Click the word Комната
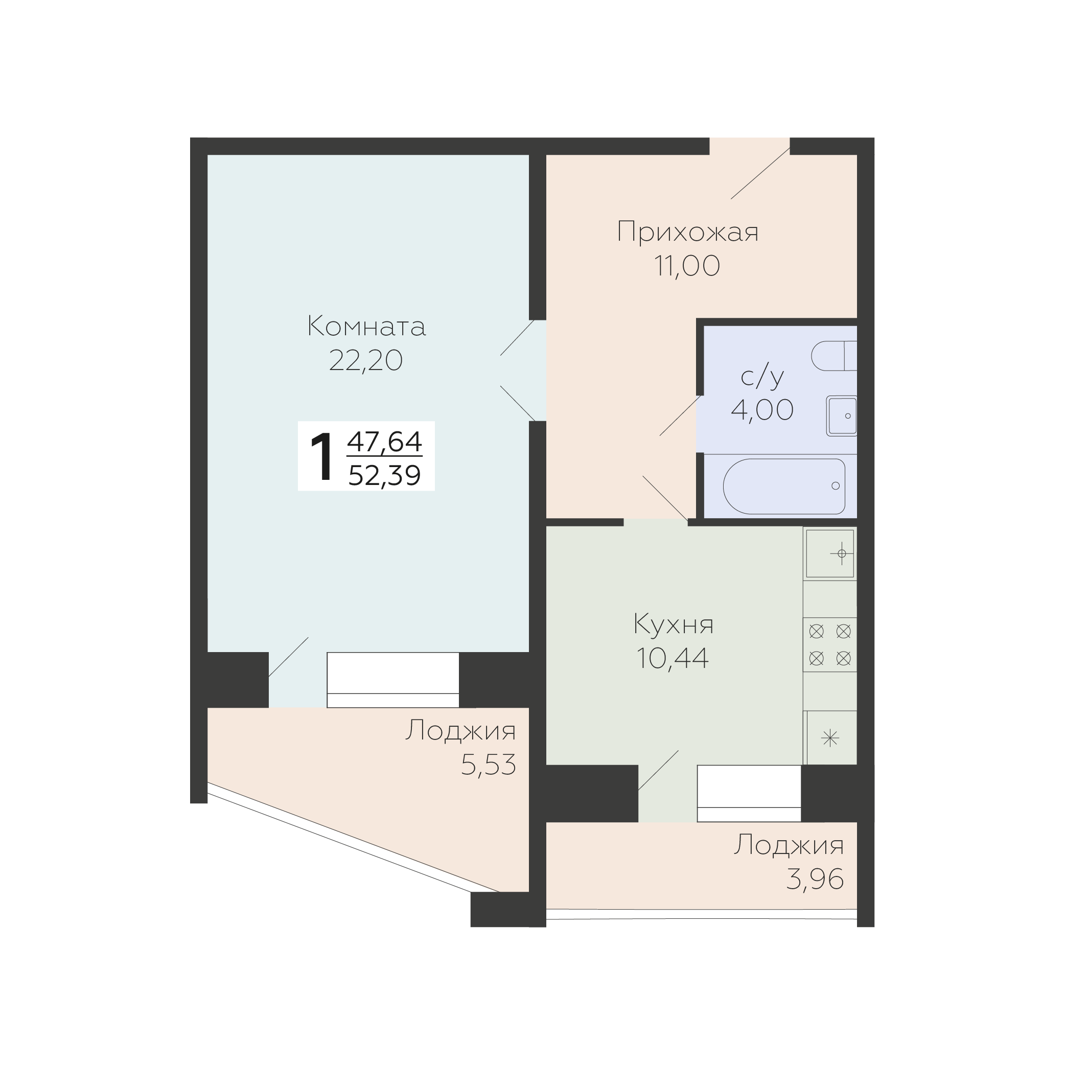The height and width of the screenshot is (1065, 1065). pyautogui.click(x=366, y=327)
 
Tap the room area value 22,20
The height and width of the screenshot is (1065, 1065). pyautogui.click(x=366, y=361)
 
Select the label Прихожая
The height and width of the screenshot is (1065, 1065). pyautogui.click(x=687, y=232)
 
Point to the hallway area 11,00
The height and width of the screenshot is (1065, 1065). pyautogui.click(x=687, y=266)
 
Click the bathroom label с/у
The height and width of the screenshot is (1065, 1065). pyautogui.click(x=762, y=378)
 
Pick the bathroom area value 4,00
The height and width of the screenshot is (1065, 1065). pyautogui.click(x=762, y=409)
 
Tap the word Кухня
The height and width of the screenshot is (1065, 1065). pyautogui.click(x=674, y=624)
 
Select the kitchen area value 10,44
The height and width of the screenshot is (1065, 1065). pyautogui.click(x=673, y=658)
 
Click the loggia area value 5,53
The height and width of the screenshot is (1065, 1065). pyautogui.click(x=489, y=765)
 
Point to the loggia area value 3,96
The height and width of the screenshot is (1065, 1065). pyautogui.click(x=815, y=879)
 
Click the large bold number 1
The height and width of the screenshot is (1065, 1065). pyautogui.click(x=322, y=457)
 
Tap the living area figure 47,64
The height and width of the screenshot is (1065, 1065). pyautogui.click(x=385, y=442)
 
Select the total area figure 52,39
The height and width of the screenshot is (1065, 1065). pyautogui.click(x=385, y=476)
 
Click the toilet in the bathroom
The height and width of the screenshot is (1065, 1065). pyautogui.click(x=834, y=356)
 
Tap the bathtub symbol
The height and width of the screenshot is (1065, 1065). pyautogui.click(x=784, y=486)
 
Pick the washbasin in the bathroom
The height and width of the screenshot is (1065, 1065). pyautogui.click(x=842, y=416)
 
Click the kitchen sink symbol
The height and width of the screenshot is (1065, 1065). pyautogui.click(x=829, y=553)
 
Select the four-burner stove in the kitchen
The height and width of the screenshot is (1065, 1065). pyautogui.click(x=829, y=644)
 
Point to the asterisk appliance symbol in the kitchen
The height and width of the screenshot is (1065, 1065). pyautogui.click(x=830, y=737)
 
